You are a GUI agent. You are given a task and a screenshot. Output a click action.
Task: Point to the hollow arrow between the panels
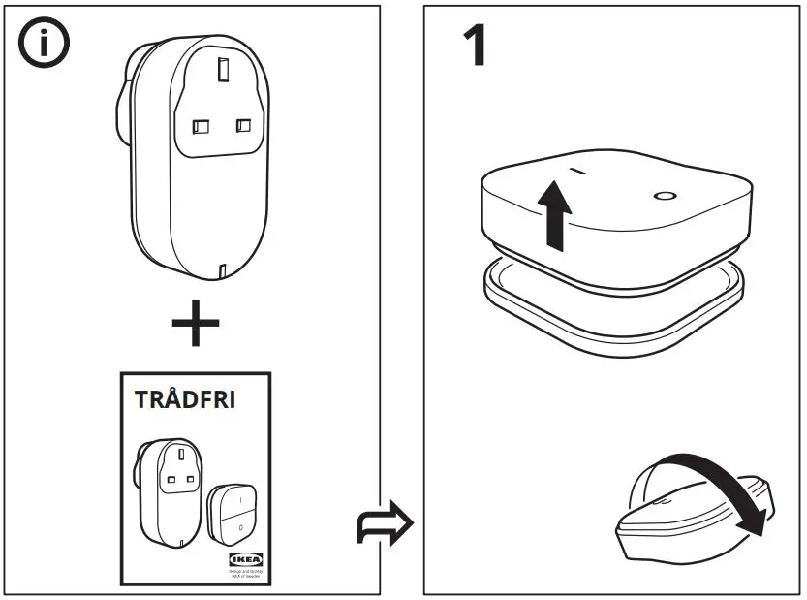tap(385, 525)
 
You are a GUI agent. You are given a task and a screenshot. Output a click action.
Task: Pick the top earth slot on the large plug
tap(224, 71)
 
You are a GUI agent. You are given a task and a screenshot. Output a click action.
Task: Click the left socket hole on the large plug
tap(202, 126)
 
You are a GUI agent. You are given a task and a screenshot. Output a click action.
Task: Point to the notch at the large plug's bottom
tap(223, 270)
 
